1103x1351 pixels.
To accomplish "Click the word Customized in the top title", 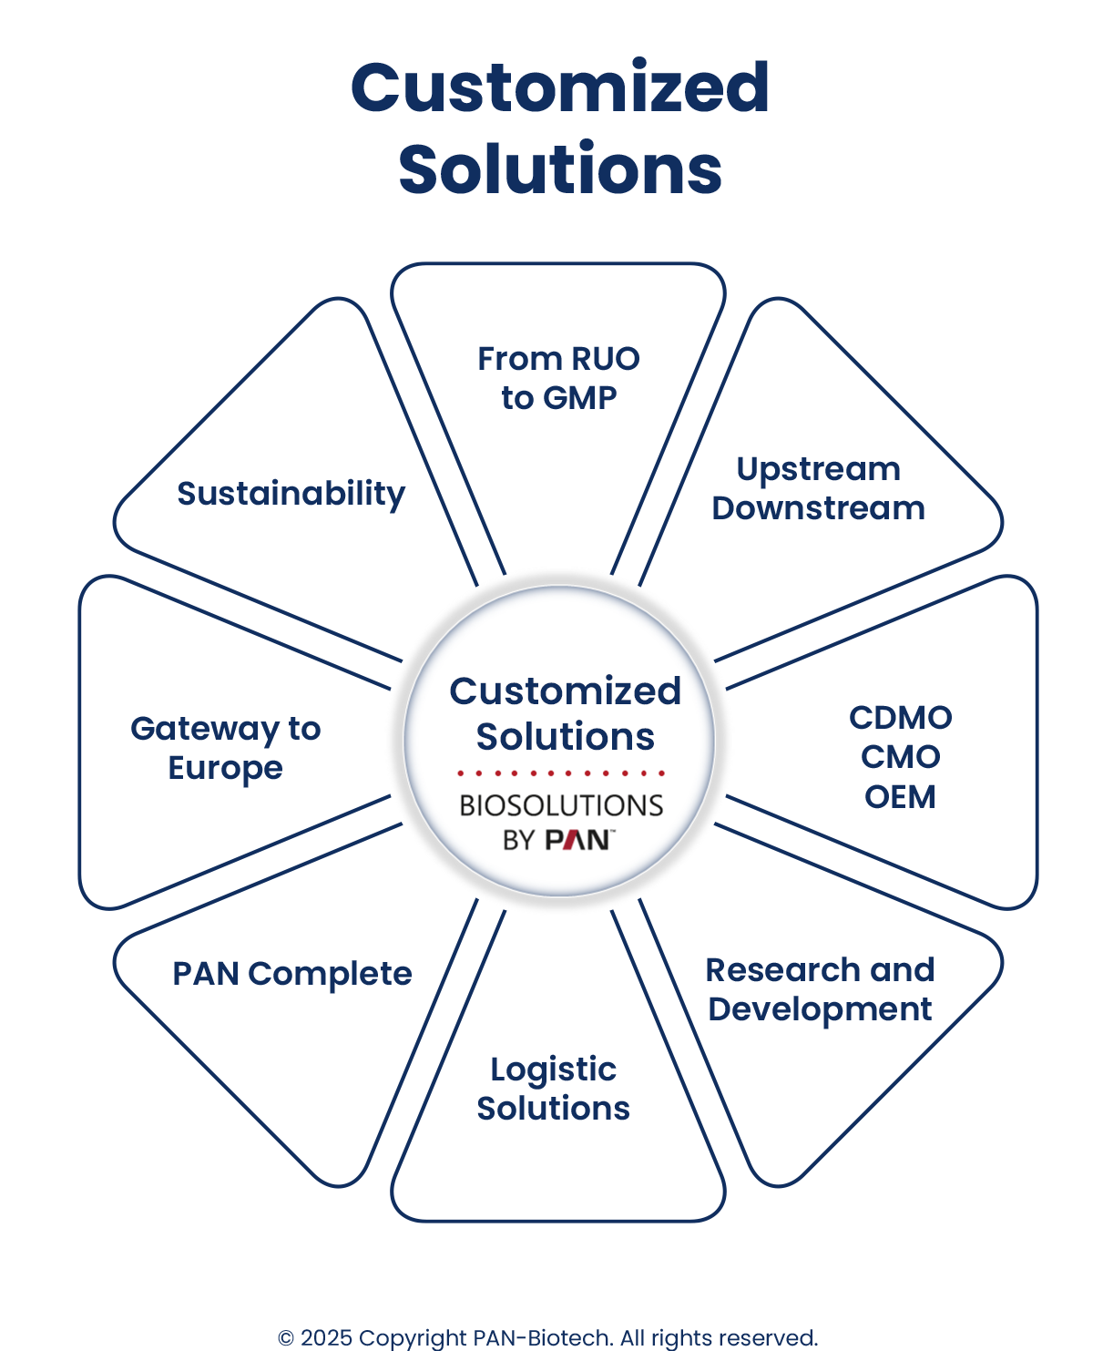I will click(560, 88).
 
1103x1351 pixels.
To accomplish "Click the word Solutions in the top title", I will click(560, 170).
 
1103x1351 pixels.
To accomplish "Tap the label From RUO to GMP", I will click(558, 378).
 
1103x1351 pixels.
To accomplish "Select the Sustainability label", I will click(291, 494).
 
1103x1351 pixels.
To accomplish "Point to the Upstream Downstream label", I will click(818, 488).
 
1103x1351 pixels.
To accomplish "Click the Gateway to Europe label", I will click(225, 748).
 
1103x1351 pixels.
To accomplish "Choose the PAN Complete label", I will click(291, 974).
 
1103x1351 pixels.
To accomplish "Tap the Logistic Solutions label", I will click(553, 1089).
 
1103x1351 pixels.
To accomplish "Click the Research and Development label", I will click(818, 989).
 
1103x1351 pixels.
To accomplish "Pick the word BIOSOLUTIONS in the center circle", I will click(561, 805).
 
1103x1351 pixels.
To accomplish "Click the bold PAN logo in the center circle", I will click(577, 839).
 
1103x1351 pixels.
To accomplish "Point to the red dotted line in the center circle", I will click(561, 773).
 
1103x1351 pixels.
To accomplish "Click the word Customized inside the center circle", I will click(565, 691).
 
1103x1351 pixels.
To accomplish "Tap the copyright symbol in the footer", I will click(286, 1338).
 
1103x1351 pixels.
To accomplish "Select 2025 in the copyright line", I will click(326, 1338).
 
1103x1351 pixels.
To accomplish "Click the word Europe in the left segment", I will click(225, 768).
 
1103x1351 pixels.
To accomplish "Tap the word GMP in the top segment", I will click(579, 398).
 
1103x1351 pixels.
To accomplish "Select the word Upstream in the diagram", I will click(818, 469).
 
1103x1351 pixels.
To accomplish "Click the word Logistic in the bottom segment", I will click(553, 1070).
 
